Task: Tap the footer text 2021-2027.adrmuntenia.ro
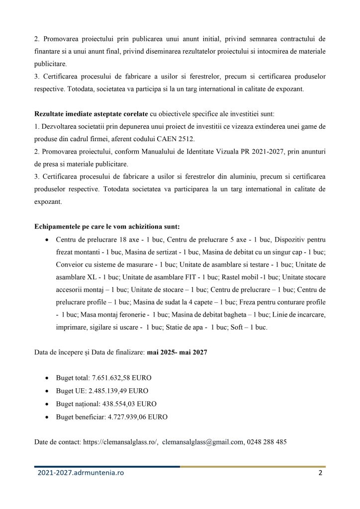[81, 473]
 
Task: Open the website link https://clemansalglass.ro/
[121, 441]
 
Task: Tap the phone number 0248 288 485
[267, 441]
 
